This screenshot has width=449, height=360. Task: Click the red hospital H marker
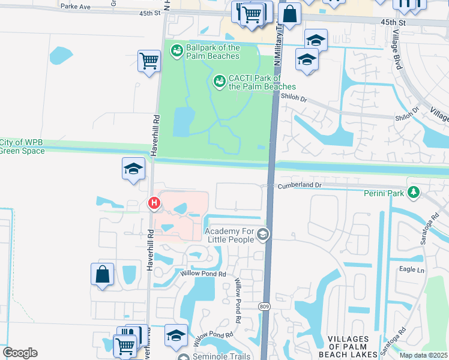point(154,203)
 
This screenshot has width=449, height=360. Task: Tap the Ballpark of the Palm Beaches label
point(212,52)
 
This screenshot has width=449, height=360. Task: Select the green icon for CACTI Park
point(220,80)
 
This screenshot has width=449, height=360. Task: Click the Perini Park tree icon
point(413,193)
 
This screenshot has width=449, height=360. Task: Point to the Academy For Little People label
point(229,236)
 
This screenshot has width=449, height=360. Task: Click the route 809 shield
point(264,307)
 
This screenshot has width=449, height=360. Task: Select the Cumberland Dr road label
point(299,186)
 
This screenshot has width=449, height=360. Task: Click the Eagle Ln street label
point(412,270)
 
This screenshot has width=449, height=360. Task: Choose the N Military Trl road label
point(279,39)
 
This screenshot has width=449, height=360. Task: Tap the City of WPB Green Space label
point(22,146)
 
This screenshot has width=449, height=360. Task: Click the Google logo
point(20,353)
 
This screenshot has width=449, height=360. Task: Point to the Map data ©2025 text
point(423,355)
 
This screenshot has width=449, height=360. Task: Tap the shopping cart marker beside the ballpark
point(149,60)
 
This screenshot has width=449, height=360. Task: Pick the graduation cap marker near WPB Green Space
point(133,169)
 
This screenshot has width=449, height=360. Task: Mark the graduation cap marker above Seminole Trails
point(176,335)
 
